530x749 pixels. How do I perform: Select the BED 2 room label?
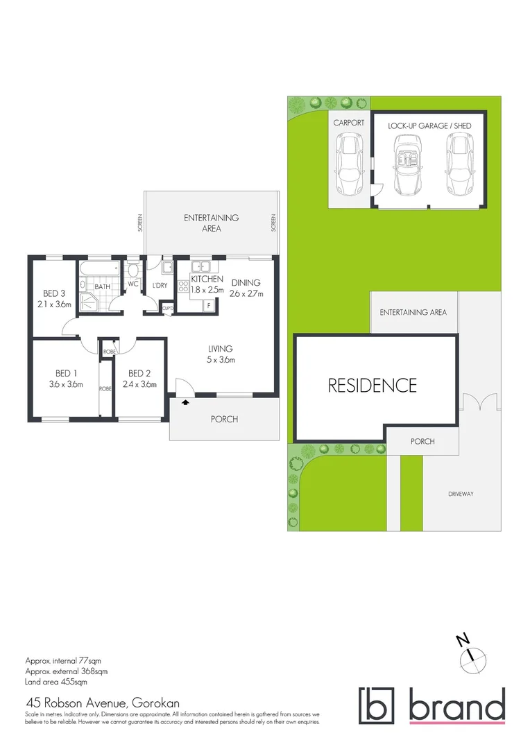coord(140,372)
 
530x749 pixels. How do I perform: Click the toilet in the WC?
coord(134,269)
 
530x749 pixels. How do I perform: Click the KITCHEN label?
coord(207,279)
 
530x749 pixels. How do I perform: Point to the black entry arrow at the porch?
coord(185,402)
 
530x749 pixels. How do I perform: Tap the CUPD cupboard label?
coord(166,308)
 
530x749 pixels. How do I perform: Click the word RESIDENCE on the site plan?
coord(373,385)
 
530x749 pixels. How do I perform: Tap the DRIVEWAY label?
coord(461,494)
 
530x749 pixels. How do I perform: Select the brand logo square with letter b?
coord(376,705)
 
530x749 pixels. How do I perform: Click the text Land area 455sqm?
coord(56,682)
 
